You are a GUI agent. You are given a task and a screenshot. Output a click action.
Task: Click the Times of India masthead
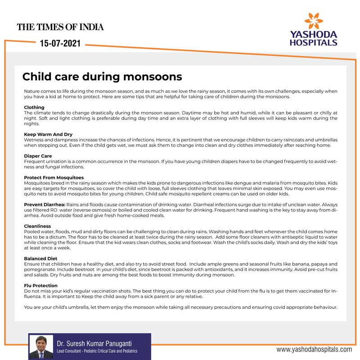point(60,27)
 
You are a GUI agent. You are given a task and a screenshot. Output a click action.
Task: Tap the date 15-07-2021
point(60,44)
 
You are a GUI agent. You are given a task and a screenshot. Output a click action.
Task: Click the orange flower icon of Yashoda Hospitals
point(313,21)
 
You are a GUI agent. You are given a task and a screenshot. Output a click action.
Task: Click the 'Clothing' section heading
point(34,108)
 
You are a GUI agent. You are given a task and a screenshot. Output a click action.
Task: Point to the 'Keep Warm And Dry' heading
point(48,135)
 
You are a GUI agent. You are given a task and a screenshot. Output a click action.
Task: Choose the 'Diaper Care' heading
point(38,156)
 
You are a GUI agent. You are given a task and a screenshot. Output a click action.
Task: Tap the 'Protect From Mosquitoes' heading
point(54,178)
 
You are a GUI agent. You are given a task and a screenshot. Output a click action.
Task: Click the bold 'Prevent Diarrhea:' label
point(45,204)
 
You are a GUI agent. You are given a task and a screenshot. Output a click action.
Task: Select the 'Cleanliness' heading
point(37,226)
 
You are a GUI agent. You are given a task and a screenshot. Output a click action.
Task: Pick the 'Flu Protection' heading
point(40,285)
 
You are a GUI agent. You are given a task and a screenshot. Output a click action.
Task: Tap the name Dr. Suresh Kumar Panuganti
point(96,343)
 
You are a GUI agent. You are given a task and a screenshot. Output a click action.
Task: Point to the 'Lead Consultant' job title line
point(97,351)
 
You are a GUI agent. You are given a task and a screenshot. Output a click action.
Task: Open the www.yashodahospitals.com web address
point(314,349)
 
